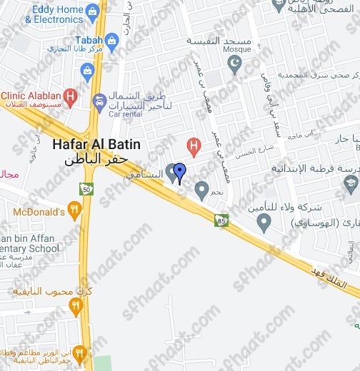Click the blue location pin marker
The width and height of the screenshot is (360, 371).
[180, 172]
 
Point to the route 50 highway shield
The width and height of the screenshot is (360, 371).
[86, 188]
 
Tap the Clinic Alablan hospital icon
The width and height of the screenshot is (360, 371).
[69, 95]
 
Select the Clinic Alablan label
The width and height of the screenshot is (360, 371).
[31, 94]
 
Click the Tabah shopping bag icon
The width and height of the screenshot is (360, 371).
[87, 71]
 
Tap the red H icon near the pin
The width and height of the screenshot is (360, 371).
[192, 147]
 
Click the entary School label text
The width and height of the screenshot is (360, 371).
[30, 248]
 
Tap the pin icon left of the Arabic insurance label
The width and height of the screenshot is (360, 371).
[264, 223]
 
